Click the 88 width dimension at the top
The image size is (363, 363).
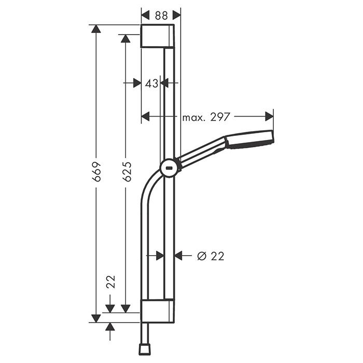tap(161, 16)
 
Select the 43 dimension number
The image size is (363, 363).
tap(151, 83)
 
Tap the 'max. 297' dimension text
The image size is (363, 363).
tap(206, 117)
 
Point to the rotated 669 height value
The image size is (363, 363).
tap(96, 171)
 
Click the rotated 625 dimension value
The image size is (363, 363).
tap(127, 171)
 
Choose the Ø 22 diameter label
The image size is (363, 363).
tap(211, 256)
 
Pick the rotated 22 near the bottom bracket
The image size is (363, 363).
tap(110, 282)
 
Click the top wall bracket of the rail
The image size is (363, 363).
tap(158, 36)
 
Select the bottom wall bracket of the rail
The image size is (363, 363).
tap(157, 311)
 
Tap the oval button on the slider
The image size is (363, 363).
tap(169, 167)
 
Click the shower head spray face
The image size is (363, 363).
tap(270, 139)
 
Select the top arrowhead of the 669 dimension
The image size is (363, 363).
tap(96, 29)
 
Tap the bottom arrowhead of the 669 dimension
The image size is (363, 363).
tap(96, 317)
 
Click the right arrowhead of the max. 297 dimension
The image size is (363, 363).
tap(269, 117)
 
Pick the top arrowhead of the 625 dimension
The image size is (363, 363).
tap(125, 38)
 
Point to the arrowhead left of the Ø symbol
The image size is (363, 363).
tap(179, 255)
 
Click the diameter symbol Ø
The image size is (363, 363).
tap(202, 256)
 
